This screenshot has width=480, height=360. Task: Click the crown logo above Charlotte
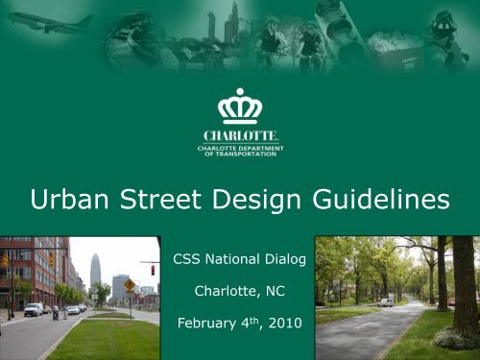(240, 107)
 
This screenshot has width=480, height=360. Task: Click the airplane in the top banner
(52, 20)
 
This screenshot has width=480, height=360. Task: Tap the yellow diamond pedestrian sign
(130, 285)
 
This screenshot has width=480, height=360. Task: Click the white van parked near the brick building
(33, 309)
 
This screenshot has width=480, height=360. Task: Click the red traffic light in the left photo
(151, 271)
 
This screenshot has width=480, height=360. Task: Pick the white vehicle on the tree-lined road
(386, 301)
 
